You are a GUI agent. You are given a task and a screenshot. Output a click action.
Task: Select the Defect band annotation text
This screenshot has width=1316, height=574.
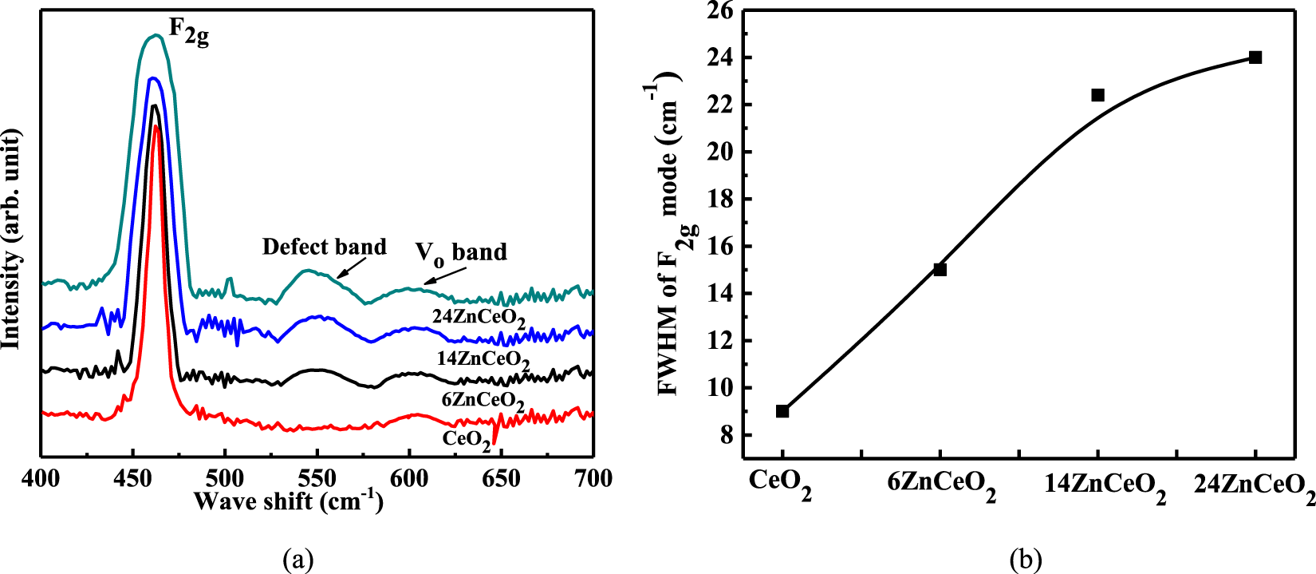[x=324, y=247]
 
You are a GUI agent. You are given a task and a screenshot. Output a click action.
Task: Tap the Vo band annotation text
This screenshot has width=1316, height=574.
[x=461, y=253]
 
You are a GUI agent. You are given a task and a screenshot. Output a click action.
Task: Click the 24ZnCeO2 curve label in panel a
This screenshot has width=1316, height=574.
[x=479, y=318]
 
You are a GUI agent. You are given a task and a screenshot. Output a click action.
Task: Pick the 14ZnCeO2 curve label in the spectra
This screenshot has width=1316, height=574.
[x=483, y=360]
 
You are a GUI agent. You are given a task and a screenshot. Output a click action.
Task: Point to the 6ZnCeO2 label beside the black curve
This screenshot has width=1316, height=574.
[x=483, y=401]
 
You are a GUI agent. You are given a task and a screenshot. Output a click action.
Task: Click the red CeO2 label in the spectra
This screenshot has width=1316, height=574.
[x=467, y=440]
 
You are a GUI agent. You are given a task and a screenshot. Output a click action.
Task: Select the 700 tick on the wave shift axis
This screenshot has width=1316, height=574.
[x=593, y=479]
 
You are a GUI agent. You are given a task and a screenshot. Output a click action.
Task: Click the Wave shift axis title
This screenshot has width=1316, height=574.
[x=288, y=501]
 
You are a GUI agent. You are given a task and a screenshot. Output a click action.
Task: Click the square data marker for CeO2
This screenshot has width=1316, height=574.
[x=782, y=411]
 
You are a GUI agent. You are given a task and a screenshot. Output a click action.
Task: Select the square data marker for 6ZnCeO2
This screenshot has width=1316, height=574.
[x=940, y=270]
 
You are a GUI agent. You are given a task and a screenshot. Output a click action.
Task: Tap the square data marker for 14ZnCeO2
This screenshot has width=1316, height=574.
[x=1097, y=95]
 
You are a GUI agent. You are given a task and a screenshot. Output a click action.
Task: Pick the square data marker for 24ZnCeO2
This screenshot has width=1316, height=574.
[x=1255, y=57]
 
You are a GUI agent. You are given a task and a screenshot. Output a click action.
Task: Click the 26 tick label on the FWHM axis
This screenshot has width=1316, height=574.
[x=720, y=11]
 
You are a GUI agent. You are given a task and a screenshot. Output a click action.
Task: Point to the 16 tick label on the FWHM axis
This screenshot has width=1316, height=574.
[x=720, y=247]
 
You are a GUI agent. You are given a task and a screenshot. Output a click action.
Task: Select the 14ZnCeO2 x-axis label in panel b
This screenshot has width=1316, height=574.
[x=1105, y=487]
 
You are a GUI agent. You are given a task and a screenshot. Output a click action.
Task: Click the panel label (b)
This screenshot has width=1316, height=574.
[x=1025, y=560]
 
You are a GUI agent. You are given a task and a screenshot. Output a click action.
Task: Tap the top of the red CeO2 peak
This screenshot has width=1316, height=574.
[x=156, y=125]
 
